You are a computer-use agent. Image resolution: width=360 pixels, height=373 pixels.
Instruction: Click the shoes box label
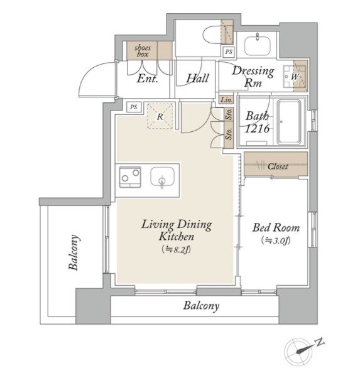pos(142,51)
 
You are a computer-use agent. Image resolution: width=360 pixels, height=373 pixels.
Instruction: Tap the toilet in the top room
pos(212,35)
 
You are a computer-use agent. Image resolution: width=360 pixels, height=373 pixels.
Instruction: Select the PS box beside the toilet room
pos(229,51)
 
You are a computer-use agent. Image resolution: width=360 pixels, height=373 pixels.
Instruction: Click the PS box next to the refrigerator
pos(133,107)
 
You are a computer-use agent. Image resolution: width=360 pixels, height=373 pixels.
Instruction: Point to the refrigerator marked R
pos(160,116)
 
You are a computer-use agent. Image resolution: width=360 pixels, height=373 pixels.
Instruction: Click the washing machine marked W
pos(295,76)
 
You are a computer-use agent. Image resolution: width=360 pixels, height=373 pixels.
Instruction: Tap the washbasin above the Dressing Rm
pos(257,46)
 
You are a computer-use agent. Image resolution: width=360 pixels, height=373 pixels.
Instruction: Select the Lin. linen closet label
pos(226,100)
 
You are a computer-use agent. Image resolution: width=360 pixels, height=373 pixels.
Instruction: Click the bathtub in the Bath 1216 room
pos(289,122)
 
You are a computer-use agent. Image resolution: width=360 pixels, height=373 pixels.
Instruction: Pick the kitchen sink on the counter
pos(162,177)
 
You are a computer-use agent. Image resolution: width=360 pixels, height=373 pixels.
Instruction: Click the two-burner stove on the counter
pos(130,177)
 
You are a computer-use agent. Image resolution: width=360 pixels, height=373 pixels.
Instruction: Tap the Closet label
pos(278,166)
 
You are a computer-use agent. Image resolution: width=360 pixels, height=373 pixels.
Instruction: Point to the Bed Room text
pos(276,228)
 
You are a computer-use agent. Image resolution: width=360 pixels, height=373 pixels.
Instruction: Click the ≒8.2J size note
pos(176,249)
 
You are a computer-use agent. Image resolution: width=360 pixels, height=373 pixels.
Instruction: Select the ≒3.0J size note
pos(276,241)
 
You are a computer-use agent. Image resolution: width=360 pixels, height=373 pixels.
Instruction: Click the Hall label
pos(198,78)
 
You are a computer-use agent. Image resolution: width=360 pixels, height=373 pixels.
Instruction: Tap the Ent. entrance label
pos(147,78)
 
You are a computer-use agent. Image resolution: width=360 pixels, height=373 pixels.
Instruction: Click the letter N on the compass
pos(320,342)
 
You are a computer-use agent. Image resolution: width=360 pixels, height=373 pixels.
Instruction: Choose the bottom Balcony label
pos(201,306)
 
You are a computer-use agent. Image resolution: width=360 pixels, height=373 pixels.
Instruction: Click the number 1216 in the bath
pos(257,129)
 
